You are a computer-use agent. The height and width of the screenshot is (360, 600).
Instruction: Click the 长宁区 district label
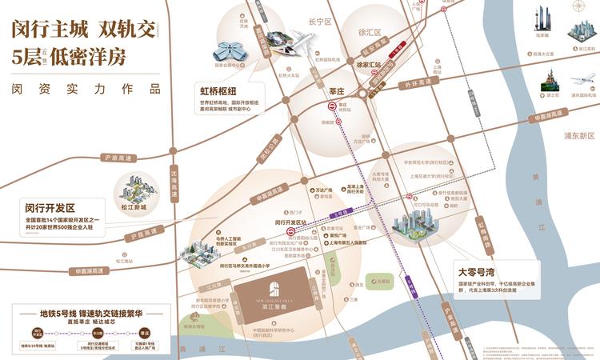click(x=320, y=22)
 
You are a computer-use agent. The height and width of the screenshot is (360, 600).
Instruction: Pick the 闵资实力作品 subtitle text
click(x=81, y=89)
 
